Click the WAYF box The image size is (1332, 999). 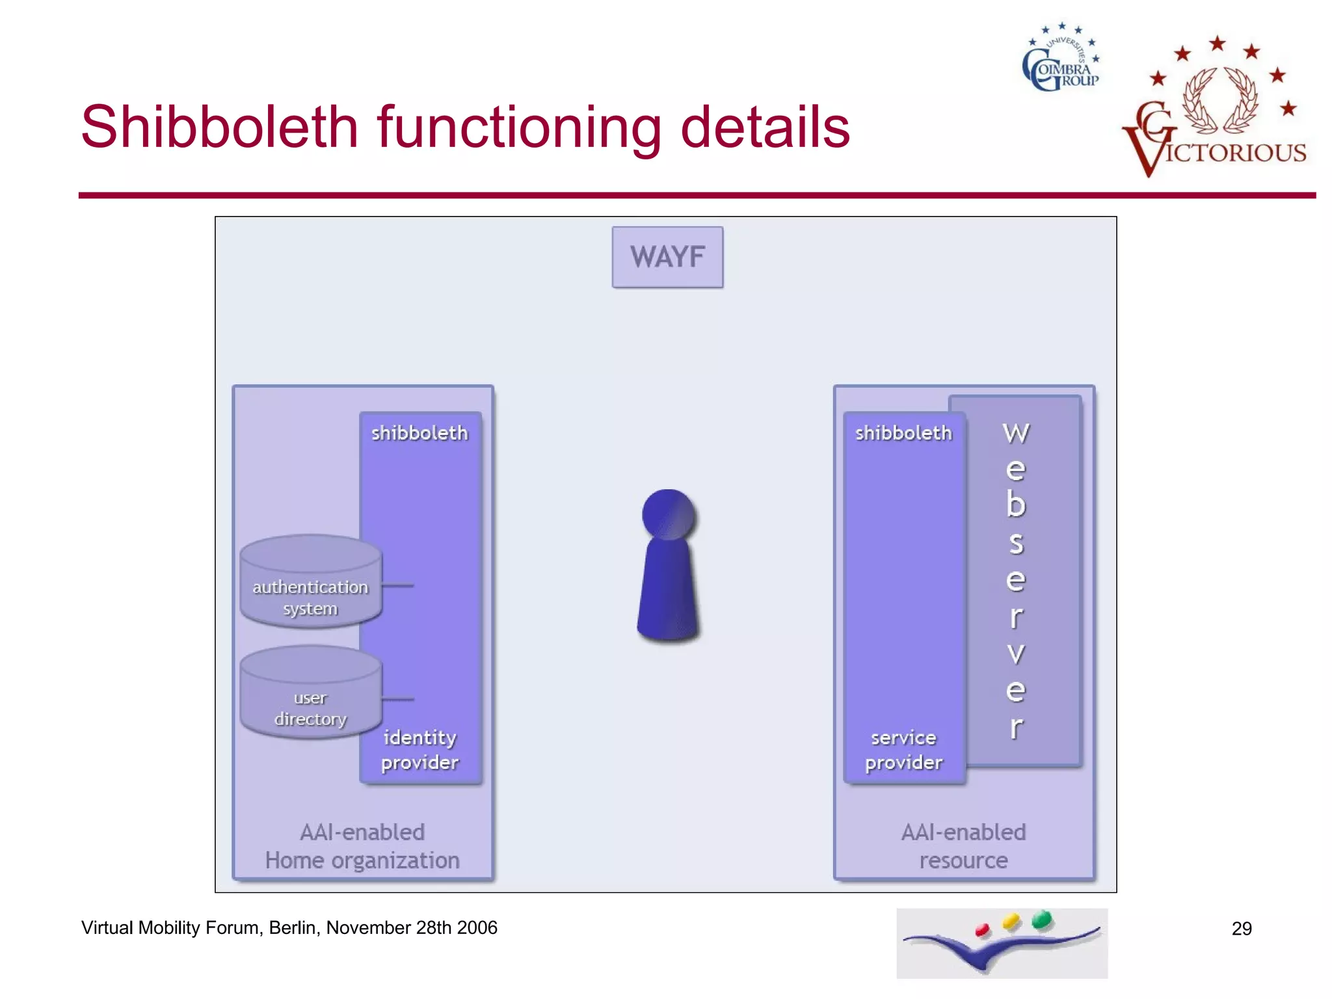coord(667,257)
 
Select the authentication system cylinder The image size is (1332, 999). coord(310,582)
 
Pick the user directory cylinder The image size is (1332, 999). coord(310,693)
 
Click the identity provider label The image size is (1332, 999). coord(420,750)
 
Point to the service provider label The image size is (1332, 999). coord(903,750)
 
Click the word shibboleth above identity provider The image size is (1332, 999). coord(420,433)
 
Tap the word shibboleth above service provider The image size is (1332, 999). coord(903,433)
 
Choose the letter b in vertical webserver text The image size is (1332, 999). coord(1016,505)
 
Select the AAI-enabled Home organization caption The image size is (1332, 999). coord(362,846)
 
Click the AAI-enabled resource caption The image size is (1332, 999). coord(963,846)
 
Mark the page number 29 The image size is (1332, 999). coord(1242,928)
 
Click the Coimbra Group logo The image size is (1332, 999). coord(1061,60)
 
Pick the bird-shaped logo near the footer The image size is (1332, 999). coord(1002,943)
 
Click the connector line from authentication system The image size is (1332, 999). coord(397,585)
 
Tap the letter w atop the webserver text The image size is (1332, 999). coord(1016,433)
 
